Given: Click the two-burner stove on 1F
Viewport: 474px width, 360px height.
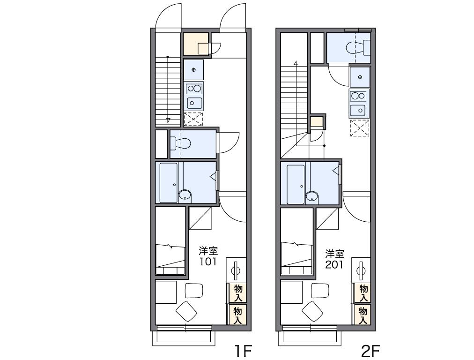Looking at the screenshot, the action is [194, 89].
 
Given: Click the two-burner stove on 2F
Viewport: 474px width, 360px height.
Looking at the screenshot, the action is [358, 96].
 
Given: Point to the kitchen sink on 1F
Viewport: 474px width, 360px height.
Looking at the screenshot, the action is [194, 103].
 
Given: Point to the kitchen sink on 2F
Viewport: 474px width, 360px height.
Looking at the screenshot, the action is [358, 110].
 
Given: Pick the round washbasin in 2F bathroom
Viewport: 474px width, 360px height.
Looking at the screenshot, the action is [312, 196].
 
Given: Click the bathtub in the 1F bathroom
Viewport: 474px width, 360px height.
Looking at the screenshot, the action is [168, 183].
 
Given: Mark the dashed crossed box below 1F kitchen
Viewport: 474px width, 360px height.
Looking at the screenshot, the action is [193, 119].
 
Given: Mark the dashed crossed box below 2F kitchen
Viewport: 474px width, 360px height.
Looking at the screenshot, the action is [360, 127].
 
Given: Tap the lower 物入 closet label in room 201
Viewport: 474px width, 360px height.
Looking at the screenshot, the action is [363, 315].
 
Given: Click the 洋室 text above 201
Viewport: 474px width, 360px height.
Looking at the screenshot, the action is [334, 254].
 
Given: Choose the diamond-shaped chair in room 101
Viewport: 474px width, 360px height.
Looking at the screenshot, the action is [186, 311].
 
